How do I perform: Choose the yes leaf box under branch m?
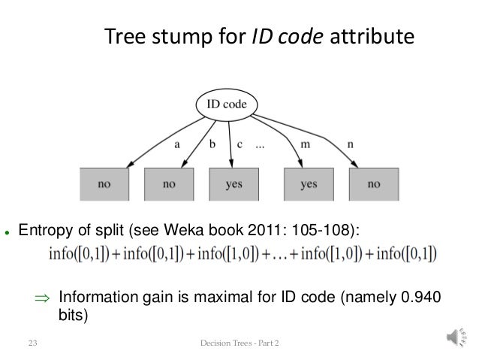click(x=309, y=184)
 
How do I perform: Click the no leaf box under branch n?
click(x=373, y=184)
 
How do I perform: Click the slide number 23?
click(x=32, y=344)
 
